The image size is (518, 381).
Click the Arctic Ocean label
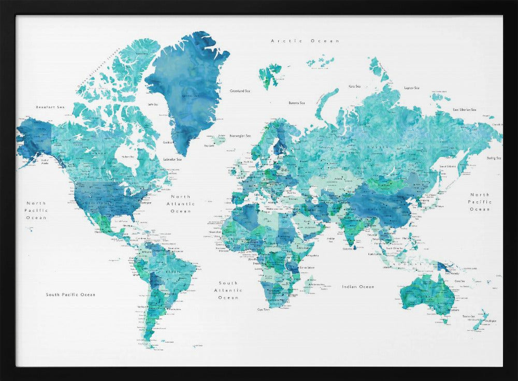305,40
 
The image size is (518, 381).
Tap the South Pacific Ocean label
70,295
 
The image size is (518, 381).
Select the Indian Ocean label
357,286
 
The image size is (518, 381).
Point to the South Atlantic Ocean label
228,290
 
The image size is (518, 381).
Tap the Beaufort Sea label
50,107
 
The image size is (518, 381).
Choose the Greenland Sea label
240,91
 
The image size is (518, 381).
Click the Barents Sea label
297,103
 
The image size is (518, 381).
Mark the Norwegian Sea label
240,136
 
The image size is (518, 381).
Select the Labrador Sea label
172,159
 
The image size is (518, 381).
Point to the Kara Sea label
354,86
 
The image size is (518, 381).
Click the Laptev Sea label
411,88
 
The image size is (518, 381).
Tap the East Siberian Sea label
464,110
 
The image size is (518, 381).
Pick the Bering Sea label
494,158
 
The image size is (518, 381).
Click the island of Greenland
189,88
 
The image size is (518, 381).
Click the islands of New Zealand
480,319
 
